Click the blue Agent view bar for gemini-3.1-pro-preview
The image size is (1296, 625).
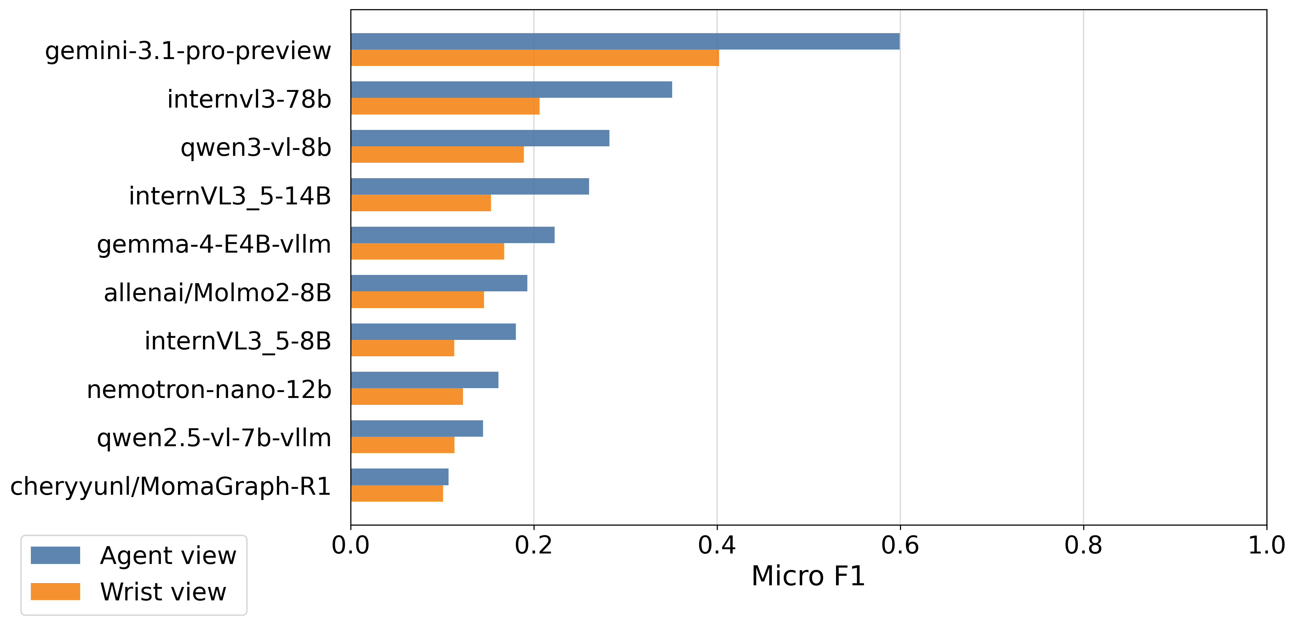click(x=626, y=41)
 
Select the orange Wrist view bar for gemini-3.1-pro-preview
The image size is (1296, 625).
click(x=535, y=58)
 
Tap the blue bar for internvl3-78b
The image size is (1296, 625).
click(x=512, y=90)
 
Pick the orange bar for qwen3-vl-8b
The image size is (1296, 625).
click(x=437, y=155)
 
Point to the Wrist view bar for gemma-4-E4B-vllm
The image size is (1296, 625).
click(x=428, y=251)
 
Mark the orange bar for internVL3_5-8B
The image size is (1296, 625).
click(x=403, y=348)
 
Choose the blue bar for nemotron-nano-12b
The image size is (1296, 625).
click(x=425, y=380)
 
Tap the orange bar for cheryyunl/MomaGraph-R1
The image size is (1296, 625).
click(x=397, y=493)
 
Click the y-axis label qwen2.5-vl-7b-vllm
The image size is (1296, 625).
click(x=214, y=438)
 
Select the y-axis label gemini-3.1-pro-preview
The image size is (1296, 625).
click(x=188, y=51)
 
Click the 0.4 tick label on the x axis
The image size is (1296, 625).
click(x=717, y=546)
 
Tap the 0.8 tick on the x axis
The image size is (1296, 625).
click(x=1083, y=546)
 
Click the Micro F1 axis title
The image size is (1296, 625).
click(x=808, y=576)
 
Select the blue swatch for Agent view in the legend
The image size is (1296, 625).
click(x=55, y=555)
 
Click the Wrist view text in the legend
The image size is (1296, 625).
click(x=164, y=592)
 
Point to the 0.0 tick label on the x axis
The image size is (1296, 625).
click(x=351, y=546)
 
